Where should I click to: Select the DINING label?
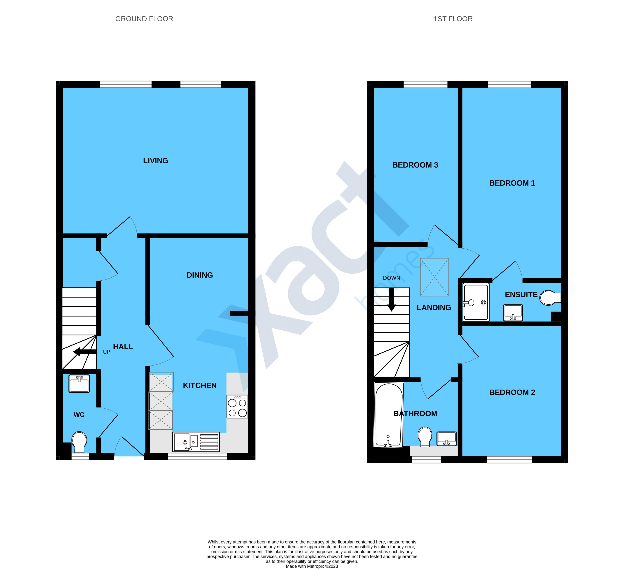pyautogui.click(x=200, y=275)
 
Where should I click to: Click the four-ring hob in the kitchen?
pyautogui.click(x=237, y=406)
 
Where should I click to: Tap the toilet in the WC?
pyautogui.click(x=79, y=442)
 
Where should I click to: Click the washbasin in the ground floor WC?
pyautogui.click(x=79, y=384)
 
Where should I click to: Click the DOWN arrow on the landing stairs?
pyautogui.click(x=392, y=299)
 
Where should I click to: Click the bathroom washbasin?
pyautogui.click(x=447, y=439)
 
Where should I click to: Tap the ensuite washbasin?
pyautogui.click(x=513, y=312)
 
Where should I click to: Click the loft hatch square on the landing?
pyautogui.click(x=434, y=277)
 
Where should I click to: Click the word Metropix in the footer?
pyautogui.click(x=315, y=566)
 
